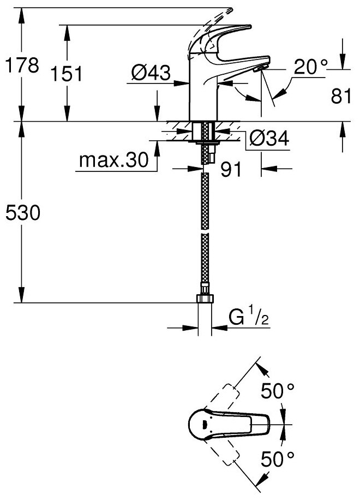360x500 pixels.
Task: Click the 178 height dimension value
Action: [21, 67]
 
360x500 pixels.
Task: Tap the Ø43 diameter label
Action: [151, 72]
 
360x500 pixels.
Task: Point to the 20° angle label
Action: [311, 67]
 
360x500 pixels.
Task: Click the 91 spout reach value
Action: [231, 170]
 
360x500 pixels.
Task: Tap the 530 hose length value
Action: [21, 213]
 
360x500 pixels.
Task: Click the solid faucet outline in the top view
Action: [229, 423]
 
